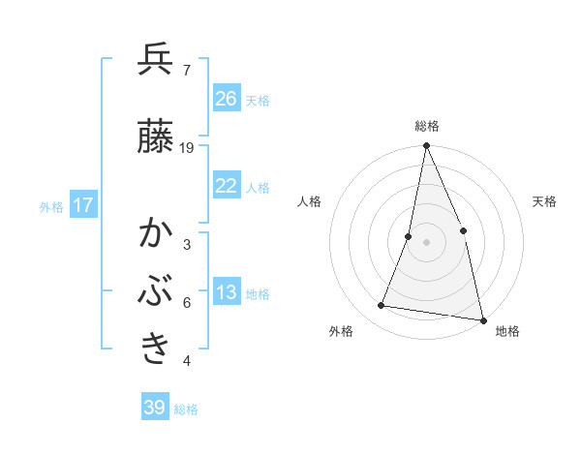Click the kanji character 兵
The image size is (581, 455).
point(156,60)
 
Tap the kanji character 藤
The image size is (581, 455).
point(156,136)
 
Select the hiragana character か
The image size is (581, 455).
point(156,233)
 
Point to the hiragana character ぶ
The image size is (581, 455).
point(156,290)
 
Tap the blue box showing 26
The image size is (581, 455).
point(227,99)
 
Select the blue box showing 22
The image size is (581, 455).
point(227,186)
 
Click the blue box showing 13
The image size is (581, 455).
point(227,293)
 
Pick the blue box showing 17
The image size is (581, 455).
point(83,206)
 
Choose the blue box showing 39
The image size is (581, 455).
point(155,408)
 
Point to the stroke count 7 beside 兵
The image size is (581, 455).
point(186,71)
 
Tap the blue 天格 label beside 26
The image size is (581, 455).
point(257,100)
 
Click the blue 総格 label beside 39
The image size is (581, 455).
point(186,409)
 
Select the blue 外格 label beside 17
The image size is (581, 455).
point(51,207)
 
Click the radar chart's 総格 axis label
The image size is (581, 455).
point(427,126)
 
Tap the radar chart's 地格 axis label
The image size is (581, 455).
point(507,331)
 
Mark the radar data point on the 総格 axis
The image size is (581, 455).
point(426,146)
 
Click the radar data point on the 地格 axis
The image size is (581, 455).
point(482,319)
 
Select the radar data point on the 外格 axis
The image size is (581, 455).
point(382,306)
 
